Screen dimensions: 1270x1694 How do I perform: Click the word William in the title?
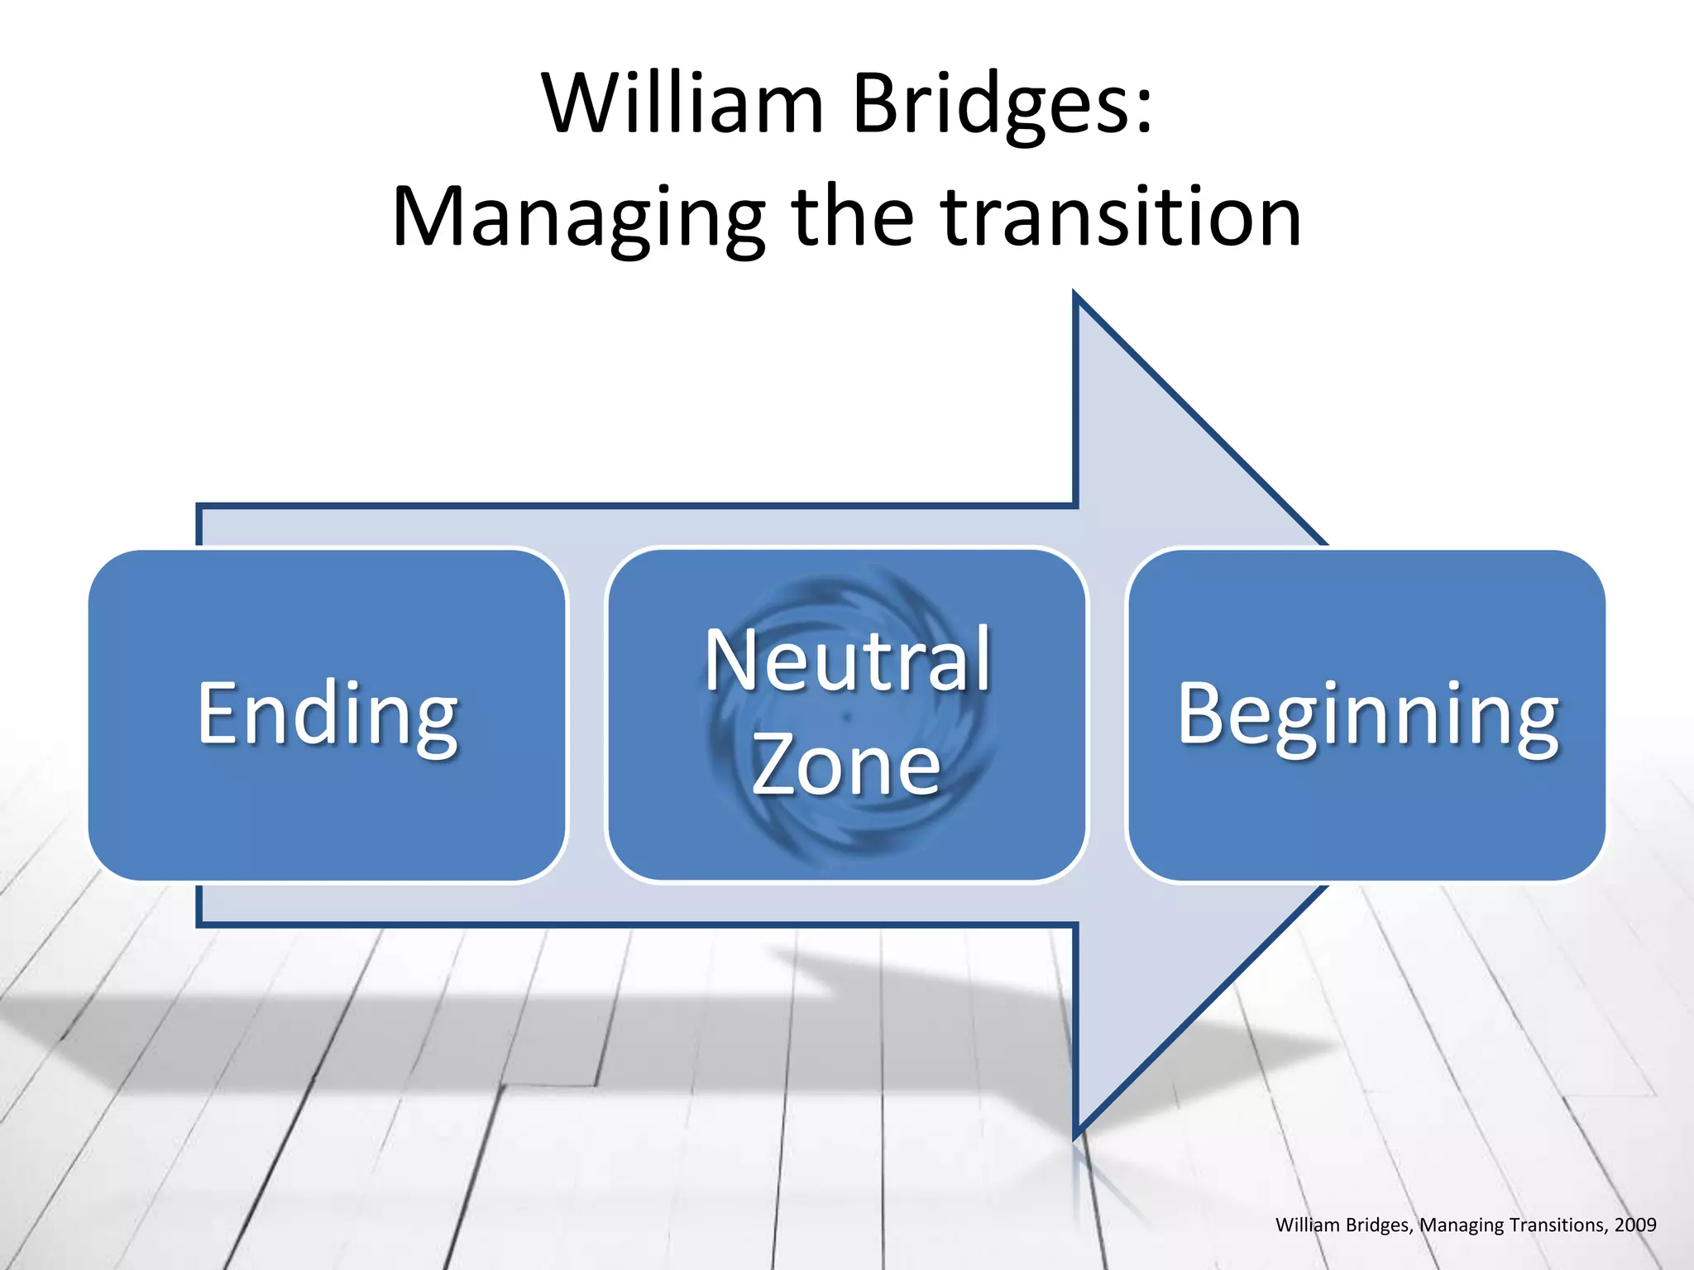pyautogui.click(x=683, y=105)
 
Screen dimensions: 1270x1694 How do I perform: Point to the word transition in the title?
pyautogui.click(x=1122, y=217)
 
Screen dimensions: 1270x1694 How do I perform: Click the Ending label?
pyautogui.click(x=328, y=715)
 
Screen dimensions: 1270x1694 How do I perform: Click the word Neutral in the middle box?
pyautogui.click(x=848, y=661)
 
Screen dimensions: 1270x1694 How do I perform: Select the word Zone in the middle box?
pyautogui.click(x=846, y=766)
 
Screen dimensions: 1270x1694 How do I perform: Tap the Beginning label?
pyautogui.click(x=1368, y=715)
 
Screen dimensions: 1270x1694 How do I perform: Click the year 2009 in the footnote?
pyautogui.click(x=1634, y=1225)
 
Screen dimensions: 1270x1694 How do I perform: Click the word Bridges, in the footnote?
pyautogui.click(x=1381, y=1225)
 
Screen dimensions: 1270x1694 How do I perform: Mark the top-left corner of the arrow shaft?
pyautogui.click(x=199, y=506)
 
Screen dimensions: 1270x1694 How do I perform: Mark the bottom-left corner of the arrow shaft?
pyautogui.click(x=199, y=924)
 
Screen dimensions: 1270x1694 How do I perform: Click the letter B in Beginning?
pyautogui.click(x=1198, y=713)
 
